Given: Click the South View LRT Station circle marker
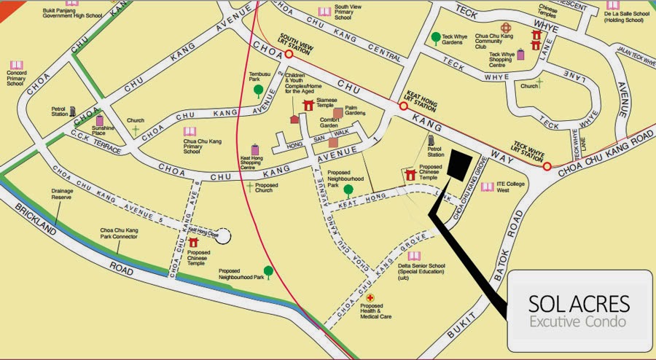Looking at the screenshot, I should click(x=289, y=54).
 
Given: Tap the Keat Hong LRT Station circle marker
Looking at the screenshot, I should click(x=402, y=106).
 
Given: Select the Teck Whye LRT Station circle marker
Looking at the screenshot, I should click(x=547, y=166).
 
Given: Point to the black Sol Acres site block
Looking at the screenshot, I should click(x=459, y=165).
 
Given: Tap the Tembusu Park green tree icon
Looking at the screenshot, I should click(x=258, y=91).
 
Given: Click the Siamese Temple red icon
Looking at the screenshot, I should click(x=308, y=106).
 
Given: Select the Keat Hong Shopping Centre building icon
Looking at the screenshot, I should click(x=255, y=149).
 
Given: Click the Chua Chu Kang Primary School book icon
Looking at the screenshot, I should click(x=190, y=132).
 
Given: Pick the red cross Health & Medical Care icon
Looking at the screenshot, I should click(x=370, y=299).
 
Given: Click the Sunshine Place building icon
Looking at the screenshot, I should click(x=100, y=120).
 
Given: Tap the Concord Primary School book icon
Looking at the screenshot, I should click(x=15, y=66).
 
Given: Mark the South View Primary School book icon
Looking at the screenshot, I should click(x=324, y=12).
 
